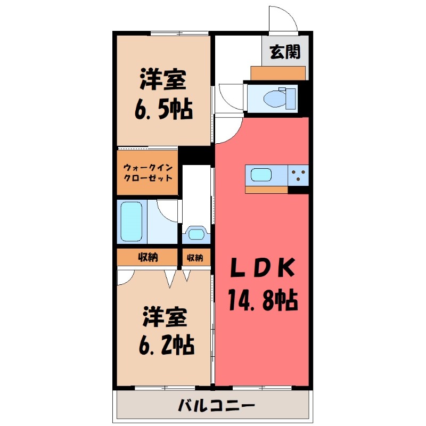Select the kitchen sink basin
pos(261,175)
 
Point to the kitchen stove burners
pos(298,175)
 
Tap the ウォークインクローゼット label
pos(148,173)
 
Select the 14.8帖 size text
pos(263,301)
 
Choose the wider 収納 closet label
pos(149,258)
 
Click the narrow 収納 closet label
pos(195,258)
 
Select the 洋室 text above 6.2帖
pos(164,318)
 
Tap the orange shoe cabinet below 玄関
pos(277,73)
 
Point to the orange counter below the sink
pos(266,189)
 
